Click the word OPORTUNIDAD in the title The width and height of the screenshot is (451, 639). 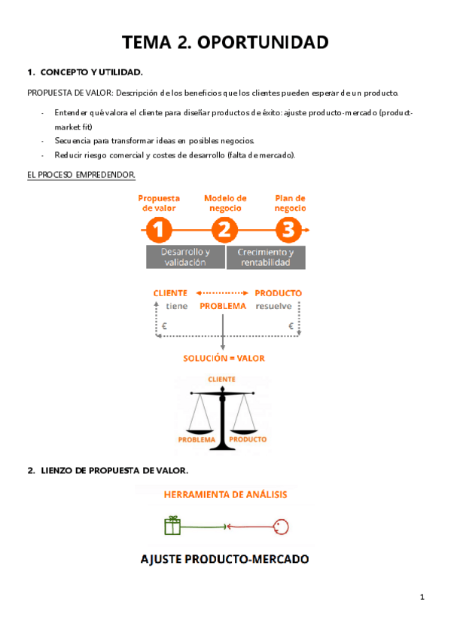click(x=263, y=42)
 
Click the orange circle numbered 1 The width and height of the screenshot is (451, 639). click(x=159, y=230)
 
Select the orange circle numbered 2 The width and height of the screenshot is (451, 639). click(x=224, y=230)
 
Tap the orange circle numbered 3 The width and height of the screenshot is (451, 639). click(x=288, y=230)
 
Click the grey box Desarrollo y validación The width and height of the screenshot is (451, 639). click(x=185, y=257)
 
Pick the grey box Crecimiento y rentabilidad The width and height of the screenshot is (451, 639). click(x=266, y=257)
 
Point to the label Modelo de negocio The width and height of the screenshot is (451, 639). click(x=225, y=203)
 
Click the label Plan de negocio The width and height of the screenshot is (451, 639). click(x=290, y=203)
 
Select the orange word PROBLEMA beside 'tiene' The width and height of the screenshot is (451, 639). click(x=223, y=306)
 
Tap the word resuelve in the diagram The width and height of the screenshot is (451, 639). click(x=273, y=306)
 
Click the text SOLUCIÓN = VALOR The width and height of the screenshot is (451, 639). click(x=224, y=358)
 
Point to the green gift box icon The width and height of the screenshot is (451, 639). click(x=172, y=526)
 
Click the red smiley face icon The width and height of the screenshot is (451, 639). click(x=281, y=527)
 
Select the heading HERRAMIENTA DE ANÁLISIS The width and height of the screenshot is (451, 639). click(x=226, y=495)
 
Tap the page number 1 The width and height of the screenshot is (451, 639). click(x=422, y=597)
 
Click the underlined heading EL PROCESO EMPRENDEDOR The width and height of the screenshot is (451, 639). click(x=81, y=175)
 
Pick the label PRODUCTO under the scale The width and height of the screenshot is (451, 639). click(x=248, y=439)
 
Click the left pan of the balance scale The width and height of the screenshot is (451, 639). click(x=200, y=432)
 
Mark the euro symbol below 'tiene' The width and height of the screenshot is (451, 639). click(x=164, y=326)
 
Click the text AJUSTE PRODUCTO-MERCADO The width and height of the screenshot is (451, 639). click(x=224, y=559)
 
